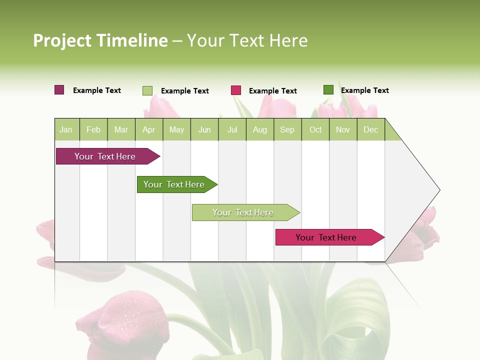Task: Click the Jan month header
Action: click(66, 129)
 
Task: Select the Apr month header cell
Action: click(149, 129)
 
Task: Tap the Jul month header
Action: click(232, 129)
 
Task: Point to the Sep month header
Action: click(287, 129)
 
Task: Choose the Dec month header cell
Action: click(370, 129)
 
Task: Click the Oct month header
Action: click(315, 129)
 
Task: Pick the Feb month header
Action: click(93, 129)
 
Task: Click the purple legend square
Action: click(59, 90)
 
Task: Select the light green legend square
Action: click(147, 90)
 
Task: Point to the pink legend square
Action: click(236, 90)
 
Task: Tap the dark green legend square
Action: click(328, 90)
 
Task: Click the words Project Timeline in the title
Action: click(100, 40)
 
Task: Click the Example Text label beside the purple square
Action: click(97, 90)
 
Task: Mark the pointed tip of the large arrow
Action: click(439, 190)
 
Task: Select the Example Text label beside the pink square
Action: click(273, 91)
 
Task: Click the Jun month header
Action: click(204, 129)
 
